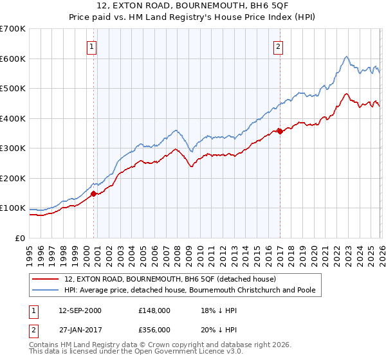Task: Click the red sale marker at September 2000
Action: point(93,193)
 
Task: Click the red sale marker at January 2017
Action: point(279,131)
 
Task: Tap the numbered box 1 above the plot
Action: point(93,46)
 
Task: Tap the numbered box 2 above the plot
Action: point(279,46)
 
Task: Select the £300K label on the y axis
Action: point(13,148)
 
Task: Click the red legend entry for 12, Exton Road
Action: point(170,279)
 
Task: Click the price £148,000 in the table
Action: point(153,310)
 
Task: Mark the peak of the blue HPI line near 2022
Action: point(346,57)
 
